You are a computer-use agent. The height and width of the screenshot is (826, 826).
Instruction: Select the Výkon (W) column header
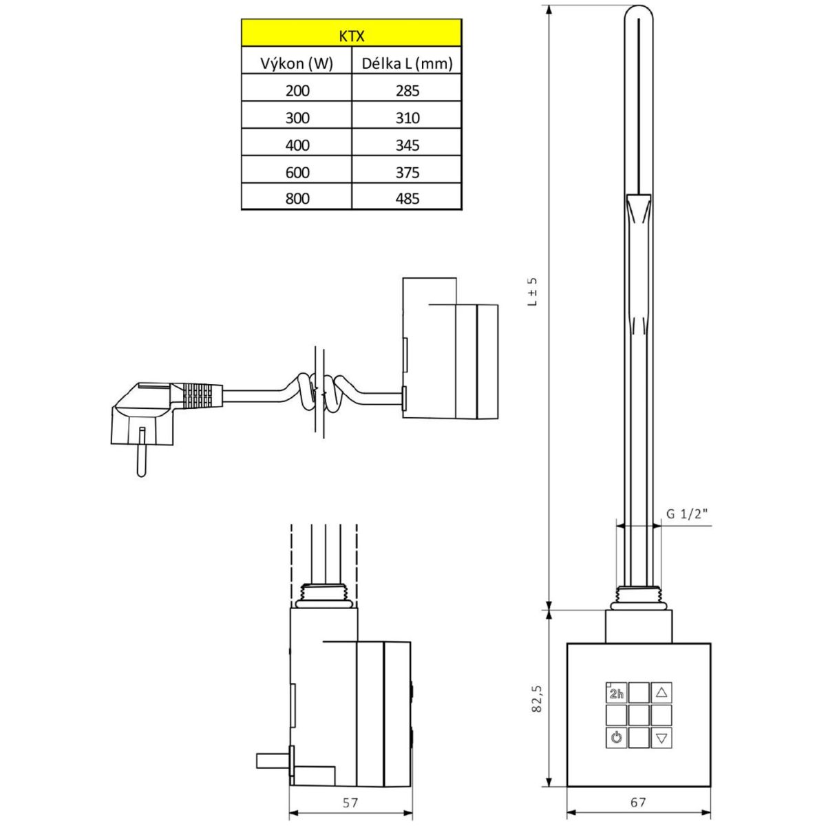tap(297, 64)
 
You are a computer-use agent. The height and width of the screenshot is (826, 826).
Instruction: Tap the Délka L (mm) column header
tap(407, 64)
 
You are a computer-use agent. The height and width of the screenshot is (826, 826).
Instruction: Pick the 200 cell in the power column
tap(297, 90)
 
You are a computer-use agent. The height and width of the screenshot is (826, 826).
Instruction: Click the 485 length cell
tap(407, 199)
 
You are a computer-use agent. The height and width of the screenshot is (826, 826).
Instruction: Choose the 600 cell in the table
tap(297, 172)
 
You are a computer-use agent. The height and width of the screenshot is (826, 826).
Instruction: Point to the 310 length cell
tap(407, 118)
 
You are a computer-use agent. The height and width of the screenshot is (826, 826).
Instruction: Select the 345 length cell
tap(407, 145)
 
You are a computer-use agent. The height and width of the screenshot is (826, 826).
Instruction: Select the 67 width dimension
tap(637, 802)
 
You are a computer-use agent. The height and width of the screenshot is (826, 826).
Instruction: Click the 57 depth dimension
tap(350, 802)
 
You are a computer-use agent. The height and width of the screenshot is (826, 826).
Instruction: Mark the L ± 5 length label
tap(532, 292)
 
